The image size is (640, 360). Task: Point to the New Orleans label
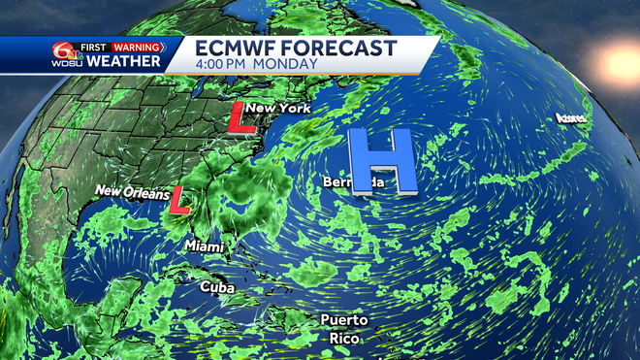[135, 191]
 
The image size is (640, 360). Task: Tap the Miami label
[206, 246]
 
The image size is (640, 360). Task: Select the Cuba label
[217, 287]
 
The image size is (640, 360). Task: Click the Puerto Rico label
[345, 328]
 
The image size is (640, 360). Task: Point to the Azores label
[572, 119]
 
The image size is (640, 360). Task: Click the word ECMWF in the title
[240, 49]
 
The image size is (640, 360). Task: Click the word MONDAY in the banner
[289, 65]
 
